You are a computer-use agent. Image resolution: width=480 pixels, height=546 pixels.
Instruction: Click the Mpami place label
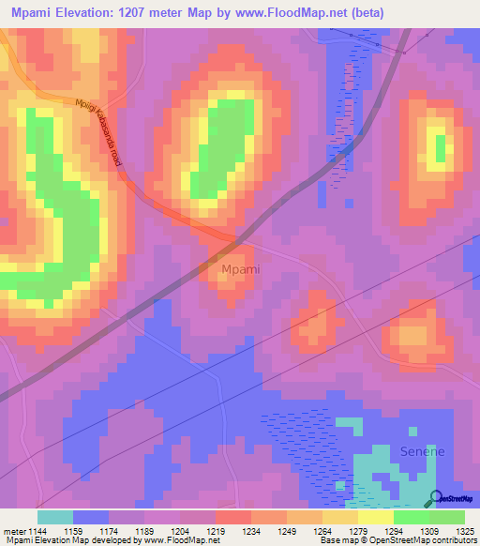click(x=240, y=270)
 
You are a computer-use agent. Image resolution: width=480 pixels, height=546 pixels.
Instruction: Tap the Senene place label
click(x=423, y=451)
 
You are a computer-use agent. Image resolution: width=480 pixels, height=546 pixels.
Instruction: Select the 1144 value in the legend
click(x=37, y=530)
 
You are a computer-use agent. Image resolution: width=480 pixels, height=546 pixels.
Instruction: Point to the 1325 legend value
click(x=465, y=530)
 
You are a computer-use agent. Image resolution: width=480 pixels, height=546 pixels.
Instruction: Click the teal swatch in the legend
click(x=54, y=517)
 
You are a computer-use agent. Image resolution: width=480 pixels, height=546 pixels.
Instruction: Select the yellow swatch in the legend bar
click(x=375, y=517)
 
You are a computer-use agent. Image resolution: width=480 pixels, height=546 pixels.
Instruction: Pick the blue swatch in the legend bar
click(x=90, y=517)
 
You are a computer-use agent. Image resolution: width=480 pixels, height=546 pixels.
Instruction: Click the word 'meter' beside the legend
click(x=11, y=530)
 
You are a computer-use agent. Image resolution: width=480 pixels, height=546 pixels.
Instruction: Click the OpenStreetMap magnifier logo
click(x=435, y=499)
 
